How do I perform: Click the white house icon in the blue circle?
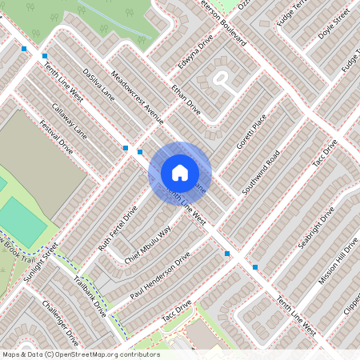coord(179,173)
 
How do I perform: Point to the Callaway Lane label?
coord(70,122)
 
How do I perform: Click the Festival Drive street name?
coord(56,138)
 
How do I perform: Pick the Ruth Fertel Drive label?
coord(118,226)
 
